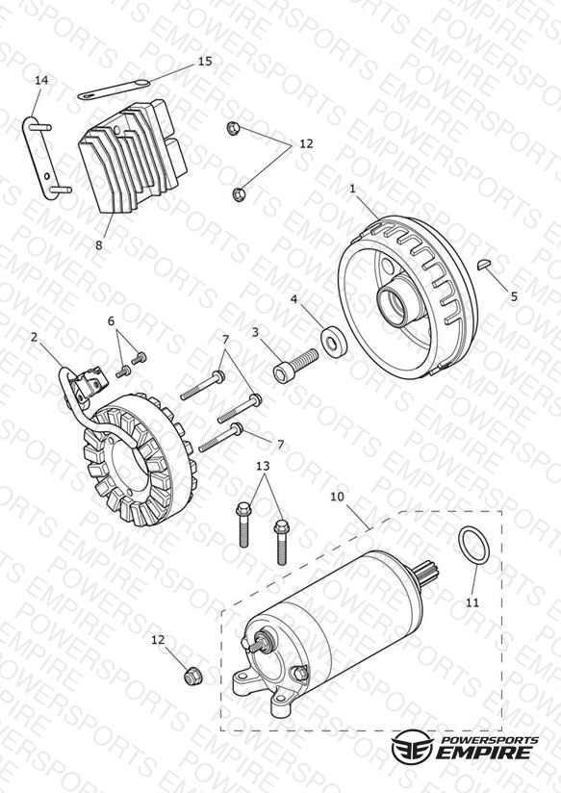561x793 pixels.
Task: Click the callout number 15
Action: pos(205,62)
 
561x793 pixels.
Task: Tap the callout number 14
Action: pos(41,80)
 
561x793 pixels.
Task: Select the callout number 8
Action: pos(99,244)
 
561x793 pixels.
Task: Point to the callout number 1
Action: pos(352,189)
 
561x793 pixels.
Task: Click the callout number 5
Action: pos(514,296)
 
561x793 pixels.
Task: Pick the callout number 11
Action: pos(472,602)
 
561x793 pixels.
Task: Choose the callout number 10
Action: pos(337,497)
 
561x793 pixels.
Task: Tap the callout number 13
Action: pos(263,466)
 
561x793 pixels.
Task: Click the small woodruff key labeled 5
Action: pos(484,264)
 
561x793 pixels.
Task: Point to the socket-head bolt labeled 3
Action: pos(296,366)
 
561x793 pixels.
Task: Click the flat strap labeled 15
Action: pos(114,89)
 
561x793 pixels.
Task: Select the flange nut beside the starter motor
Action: pos(191,676)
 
